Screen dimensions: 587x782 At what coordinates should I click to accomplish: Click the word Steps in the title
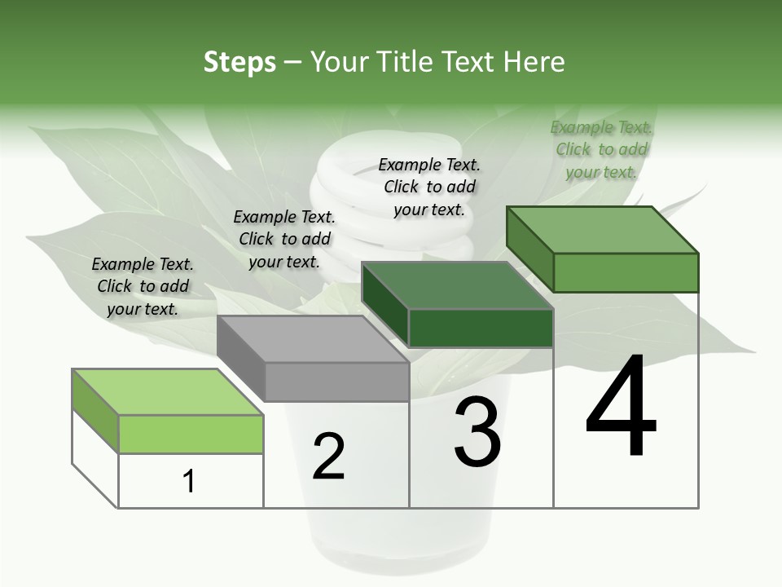click(239, 62)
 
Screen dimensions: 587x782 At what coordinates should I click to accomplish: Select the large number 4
click(621, 408)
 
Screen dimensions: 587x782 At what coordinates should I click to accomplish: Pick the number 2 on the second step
click(328, 457)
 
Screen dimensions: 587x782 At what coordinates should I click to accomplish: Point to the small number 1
click(189, 481)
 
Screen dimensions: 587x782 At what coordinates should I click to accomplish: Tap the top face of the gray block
click(313, 338)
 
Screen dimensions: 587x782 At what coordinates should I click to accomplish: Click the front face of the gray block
click(336, 382)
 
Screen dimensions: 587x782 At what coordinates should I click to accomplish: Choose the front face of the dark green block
click(481, 328)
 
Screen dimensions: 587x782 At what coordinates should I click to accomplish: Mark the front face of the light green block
click(191, 434)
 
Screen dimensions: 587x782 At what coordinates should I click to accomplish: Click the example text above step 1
click(143, 286)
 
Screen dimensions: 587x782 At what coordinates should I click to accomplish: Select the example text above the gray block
click(284, 239)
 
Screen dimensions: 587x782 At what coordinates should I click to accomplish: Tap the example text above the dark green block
click(429, 187)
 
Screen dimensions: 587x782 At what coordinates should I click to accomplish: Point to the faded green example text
click(601, 149)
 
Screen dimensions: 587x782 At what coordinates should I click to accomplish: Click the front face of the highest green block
click(626, 272)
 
